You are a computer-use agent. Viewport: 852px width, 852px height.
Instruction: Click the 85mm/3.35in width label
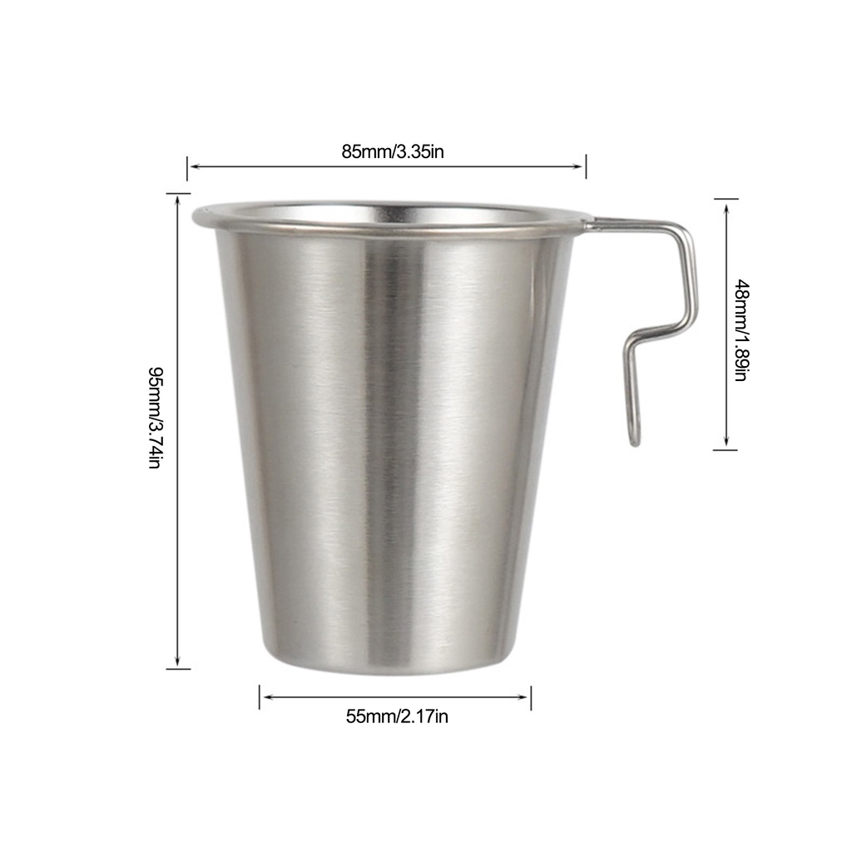[x=393, y=151]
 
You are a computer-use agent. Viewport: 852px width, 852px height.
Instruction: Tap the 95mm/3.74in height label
[x=155, y=418]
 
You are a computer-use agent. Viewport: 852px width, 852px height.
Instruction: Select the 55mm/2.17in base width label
[x=397, y=716]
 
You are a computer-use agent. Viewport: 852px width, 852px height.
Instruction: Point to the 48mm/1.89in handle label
[x=741, y=329]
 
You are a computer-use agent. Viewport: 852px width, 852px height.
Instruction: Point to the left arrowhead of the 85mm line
[x=193, y=166]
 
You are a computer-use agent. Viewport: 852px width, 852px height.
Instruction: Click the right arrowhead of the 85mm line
[x=578, y=166]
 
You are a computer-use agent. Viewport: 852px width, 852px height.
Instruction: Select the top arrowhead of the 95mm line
[x=178, y=200]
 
